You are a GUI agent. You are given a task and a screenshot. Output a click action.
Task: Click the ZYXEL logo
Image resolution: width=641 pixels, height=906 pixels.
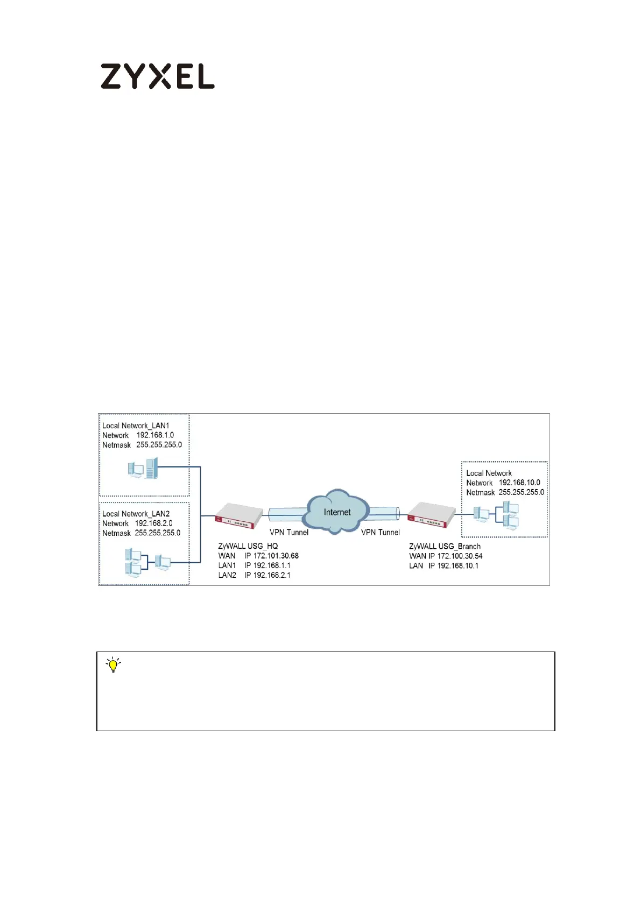tap(157, 76)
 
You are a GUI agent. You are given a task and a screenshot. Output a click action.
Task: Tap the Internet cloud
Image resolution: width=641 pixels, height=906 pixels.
tap(337, 512)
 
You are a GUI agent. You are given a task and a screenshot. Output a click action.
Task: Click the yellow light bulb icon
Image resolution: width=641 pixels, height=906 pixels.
tap(113, 666)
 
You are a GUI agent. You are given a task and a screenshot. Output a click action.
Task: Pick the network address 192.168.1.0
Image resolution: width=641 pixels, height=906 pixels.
tap(155, 435)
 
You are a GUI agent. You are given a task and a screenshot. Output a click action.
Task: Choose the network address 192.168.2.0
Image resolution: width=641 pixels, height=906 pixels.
tap(153, 523)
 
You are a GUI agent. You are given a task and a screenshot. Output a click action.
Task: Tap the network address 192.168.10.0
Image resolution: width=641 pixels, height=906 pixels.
tap(519, 483)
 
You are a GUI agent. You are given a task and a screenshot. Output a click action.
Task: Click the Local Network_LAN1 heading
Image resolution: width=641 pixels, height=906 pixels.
tap(136, 426)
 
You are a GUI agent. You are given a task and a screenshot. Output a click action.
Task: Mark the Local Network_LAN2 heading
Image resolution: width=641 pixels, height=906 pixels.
tap(136, 514)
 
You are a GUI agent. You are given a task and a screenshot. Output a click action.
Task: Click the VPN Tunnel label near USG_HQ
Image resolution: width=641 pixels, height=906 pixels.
tap(289, 532)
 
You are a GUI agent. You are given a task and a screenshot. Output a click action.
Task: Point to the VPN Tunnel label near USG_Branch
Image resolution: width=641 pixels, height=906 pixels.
tap(380, 532)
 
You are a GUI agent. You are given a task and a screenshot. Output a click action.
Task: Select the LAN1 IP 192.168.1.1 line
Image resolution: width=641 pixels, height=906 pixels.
tap(254, 565)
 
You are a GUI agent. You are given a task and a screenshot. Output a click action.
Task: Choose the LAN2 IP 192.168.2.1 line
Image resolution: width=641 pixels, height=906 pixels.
tap(254, 575)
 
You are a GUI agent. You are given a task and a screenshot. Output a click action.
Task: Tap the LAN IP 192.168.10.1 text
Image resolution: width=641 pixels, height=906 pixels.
tap(443, 565)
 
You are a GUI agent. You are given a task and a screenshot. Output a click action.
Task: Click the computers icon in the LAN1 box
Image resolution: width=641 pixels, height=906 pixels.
tap(144, 468)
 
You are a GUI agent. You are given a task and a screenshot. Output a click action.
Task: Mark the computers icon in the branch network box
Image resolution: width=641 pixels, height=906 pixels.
tap(496, 515)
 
